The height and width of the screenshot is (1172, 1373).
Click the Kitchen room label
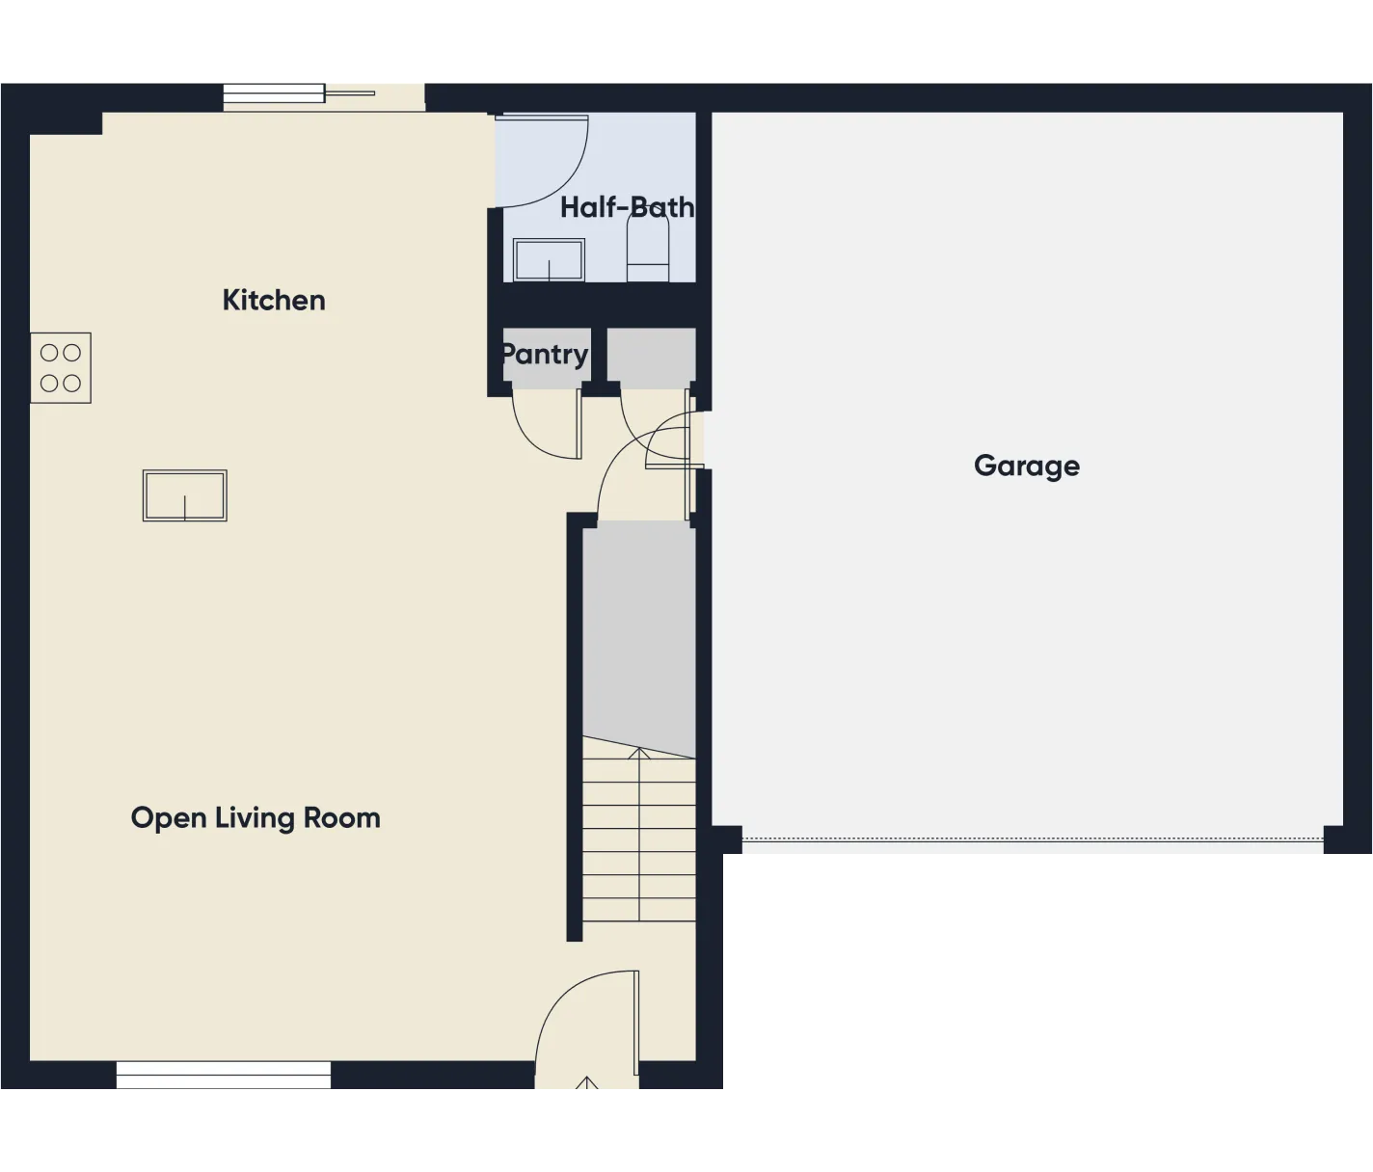point(274,300)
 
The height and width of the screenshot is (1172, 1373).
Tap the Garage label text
point(1026,466)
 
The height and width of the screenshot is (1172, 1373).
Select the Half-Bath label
point(627,207)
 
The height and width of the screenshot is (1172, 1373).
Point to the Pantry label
point(544,354)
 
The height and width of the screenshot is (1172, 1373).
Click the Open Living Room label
point(256,817)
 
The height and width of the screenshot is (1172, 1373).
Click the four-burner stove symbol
point(61,367)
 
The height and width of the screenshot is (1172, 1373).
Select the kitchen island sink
point(185,495)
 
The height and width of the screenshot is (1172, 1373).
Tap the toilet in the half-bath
point(648,248)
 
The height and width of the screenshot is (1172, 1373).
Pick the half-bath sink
point(549,260)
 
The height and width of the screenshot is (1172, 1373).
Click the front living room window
point(224,1076)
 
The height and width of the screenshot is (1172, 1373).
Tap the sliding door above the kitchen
point(323,94)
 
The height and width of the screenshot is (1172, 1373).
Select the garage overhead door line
point(1032,839)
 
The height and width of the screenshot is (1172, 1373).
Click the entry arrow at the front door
point(586,1083)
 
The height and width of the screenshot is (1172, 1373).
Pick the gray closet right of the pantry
point(651,355)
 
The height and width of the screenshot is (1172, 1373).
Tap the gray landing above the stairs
point(638,636)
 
